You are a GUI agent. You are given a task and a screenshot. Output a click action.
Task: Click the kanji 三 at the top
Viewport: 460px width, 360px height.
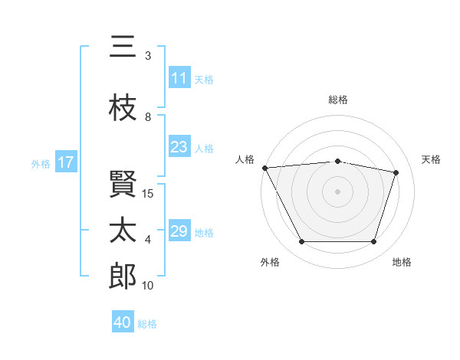(123, 46)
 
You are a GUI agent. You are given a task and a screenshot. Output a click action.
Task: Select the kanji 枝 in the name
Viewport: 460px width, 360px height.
(123, 107)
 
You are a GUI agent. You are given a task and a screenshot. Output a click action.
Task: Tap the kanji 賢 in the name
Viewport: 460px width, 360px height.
(123, 184)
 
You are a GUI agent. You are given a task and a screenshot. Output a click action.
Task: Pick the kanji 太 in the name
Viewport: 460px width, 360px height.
(123, 230)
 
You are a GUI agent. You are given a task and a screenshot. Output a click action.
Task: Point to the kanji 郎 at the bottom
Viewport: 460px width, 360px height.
(123, 276)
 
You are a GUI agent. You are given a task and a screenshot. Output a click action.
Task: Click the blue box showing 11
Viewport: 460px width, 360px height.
(179, 77)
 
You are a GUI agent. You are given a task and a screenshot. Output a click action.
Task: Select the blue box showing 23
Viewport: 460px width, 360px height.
(179, 146)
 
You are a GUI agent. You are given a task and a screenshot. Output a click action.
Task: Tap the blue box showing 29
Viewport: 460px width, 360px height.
(179, 230)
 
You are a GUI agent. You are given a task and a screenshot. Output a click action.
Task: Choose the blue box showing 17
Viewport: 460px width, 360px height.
(66, 161)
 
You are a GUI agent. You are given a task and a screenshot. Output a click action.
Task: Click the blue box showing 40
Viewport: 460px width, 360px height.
(123, 321)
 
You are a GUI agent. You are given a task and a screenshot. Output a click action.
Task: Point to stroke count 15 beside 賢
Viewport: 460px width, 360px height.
(147, 194)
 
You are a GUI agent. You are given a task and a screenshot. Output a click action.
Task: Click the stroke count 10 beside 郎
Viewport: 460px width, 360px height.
(147, 285)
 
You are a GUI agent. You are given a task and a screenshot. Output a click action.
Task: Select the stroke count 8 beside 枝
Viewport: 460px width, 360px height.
(148, 117)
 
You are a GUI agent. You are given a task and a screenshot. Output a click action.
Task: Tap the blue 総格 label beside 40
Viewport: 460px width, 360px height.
(147, 324)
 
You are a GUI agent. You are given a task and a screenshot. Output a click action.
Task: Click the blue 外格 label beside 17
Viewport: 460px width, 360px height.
(41, 164)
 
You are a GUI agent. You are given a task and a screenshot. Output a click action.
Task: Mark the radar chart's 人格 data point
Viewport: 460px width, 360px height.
(265, 168)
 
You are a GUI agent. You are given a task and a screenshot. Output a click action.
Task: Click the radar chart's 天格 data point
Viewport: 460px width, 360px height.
(396, 172)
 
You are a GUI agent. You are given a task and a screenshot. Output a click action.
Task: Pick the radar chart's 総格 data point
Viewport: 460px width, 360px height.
(337, 162)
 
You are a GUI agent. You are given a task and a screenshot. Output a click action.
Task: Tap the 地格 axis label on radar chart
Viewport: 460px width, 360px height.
(402, 262)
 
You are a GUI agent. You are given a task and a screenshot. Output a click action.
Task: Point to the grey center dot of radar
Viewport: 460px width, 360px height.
(337, 191)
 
